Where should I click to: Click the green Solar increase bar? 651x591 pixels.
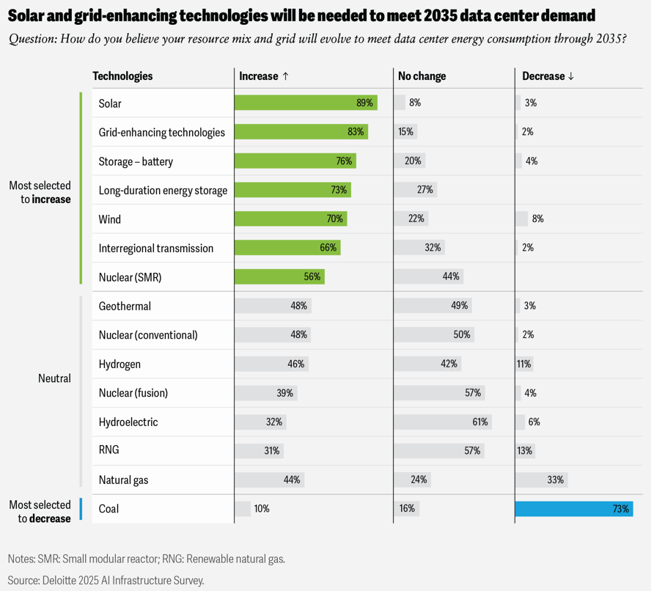click(x=305, y=103)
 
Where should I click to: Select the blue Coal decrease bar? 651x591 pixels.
click(x=573, y=508)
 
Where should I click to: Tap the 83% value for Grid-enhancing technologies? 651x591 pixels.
click(x=356, y=132)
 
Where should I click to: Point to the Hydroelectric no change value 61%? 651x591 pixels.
click(x=480, y=422)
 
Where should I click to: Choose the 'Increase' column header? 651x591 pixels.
click(x=264, y=76)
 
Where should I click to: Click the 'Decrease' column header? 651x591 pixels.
click(x=548, y=76)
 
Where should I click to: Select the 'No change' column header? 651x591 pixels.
click(x=422, y=76)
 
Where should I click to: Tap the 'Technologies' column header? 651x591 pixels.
click(x=122, y=76)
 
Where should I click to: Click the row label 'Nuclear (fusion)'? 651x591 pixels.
click(x=133, y=393)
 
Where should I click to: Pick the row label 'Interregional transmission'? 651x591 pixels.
click(x=155, y=248)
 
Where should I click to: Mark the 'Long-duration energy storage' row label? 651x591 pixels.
click(x=163, y=190)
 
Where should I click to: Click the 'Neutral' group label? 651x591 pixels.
click(x=54, y=378)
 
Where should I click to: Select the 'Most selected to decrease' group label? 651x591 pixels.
click(x=40, y=511)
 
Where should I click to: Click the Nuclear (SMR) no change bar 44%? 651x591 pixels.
click(x=428, y=276)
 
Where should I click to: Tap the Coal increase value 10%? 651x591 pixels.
click(x=261, y=508)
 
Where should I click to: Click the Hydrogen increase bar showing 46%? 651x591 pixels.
click(x=271, y=364)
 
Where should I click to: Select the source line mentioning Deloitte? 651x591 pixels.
click(x=106, y=580)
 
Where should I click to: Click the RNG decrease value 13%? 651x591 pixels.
click(x=524, y=450)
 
